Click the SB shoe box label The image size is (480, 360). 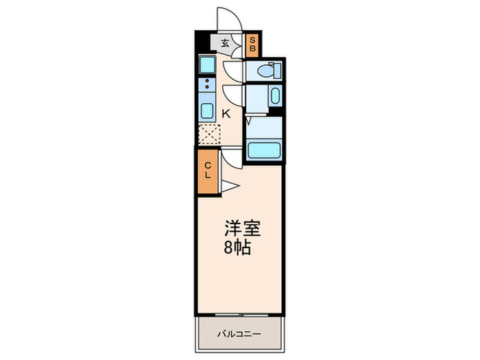(x=252, y=45)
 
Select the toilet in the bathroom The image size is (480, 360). (x=267, y=70)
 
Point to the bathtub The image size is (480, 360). (x=263, y=149)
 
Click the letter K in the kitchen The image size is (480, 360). (x=226, y=114)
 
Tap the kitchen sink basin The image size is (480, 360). (x=206, y=110)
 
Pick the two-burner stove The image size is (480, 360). (x=205, y=86)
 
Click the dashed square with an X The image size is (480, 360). (x=208, y=133)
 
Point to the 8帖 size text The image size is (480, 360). (x=238, y=248)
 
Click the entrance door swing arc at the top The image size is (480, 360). (x=228, y=19)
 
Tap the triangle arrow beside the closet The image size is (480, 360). (x=229, y=185)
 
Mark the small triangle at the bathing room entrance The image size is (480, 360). (x=248, y=122)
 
